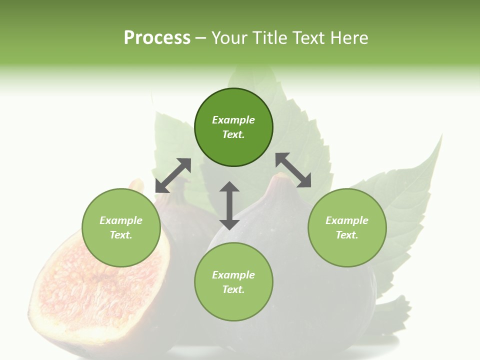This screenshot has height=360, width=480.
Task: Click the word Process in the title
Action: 157,37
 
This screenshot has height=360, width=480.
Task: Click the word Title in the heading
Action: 269,37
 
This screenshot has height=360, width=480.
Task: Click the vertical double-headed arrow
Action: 229,205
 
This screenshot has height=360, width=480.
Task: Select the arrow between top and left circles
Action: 173,175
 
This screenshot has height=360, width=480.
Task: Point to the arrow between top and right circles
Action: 293,170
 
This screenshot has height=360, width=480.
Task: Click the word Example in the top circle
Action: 233,120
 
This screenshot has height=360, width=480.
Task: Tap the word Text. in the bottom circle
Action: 233,289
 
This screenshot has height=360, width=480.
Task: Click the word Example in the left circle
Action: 121,220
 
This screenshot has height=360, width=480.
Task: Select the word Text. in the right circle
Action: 347,235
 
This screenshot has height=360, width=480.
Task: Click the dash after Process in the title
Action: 200,38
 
